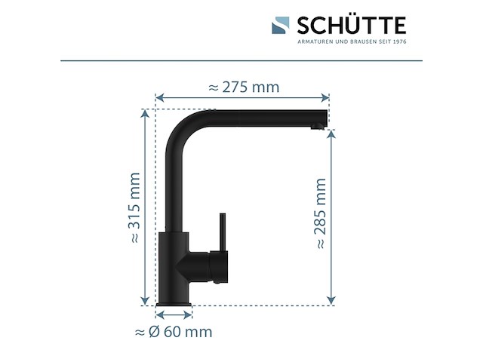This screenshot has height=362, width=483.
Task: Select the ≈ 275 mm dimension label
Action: click(242, 87)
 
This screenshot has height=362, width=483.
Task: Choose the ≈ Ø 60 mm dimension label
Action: click(173, 332)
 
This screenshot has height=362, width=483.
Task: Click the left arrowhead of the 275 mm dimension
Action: click(158, 97)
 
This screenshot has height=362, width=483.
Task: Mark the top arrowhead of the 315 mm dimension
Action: click(145, 112)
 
